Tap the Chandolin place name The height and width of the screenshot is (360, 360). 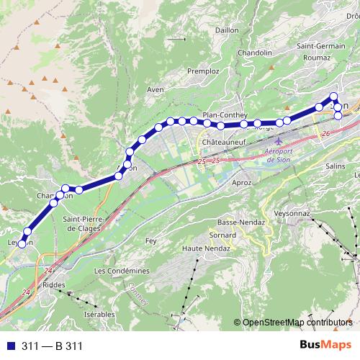point(255,53)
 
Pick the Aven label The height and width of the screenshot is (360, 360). point(156,90)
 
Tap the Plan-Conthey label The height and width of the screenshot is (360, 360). point(225,114)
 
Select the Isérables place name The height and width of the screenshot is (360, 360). point(99,315)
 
